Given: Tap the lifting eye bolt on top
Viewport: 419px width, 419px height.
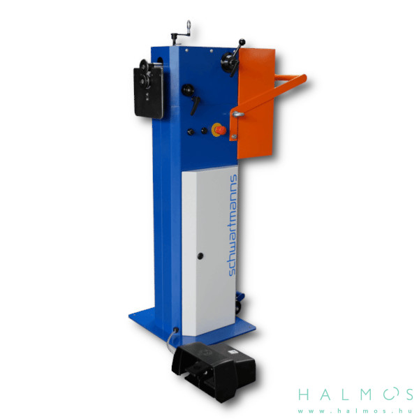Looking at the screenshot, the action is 189,27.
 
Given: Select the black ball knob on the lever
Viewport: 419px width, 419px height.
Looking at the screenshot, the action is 242,42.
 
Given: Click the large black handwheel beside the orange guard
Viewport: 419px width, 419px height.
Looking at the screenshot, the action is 228,62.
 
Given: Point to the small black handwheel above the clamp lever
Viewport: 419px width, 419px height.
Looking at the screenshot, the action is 188,90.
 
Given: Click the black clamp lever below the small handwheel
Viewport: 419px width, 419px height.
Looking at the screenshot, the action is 195,105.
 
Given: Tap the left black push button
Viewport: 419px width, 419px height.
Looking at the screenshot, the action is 191,131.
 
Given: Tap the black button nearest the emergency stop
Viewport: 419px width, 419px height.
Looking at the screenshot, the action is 204,131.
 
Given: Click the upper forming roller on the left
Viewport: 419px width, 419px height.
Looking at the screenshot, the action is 145,66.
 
